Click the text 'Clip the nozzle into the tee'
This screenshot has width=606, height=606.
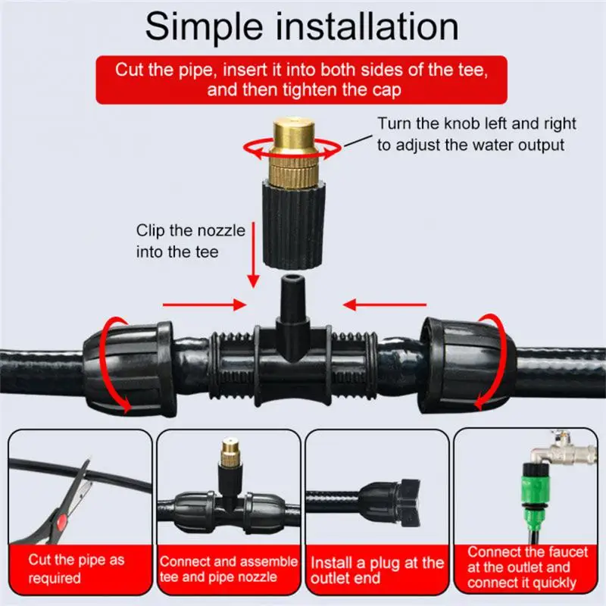(190, 241)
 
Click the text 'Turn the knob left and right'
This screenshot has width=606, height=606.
(476, 123)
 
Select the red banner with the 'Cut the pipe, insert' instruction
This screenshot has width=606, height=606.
(303, 78)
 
